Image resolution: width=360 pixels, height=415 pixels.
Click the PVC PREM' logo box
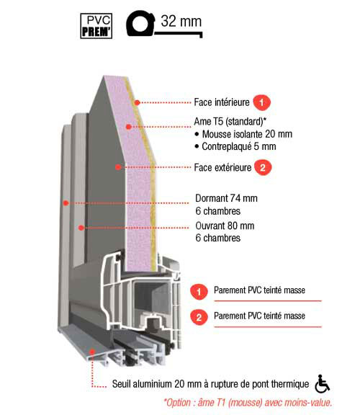(x=96, y=26)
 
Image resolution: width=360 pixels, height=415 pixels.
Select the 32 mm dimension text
(x=181, y=21)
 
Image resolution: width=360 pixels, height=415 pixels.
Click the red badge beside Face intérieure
(x=261, y=102)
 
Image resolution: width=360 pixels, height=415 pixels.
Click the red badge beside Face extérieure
(x=263, y=168)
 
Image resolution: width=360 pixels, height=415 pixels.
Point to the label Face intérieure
(x=222, y=102)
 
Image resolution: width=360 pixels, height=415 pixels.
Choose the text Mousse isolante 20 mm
(x=247, y=134)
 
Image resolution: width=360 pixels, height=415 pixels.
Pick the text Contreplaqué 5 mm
(x=239, y=146)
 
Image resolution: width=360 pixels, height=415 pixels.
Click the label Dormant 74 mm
(x=226, y=198)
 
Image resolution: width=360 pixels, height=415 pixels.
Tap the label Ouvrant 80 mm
(x=225, y=226)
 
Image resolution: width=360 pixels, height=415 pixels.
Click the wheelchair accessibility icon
(x=322, y=384)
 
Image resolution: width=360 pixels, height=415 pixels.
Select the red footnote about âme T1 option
(x=248, y=403)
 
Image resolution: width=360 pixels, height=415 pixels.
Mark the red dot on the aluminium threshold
(x=91, y=352)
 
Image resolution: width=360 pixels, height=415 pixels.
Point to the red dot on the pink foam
(x=129, y=127)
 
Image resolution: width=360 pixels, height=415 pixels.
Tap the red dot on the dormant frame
(x=66, y=203)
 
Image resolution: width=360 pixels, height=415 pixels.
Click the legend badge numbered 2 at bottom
(x=199, y=317)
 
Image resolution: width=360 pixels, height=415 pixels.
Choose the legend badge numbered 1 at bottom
(x=199, y=292)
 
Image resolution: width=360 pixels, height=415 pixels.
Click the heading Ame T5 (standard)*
(x=230, y=122)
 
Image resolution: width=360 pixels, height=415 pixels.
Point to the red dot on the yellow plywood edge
(x=137, y=102)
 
